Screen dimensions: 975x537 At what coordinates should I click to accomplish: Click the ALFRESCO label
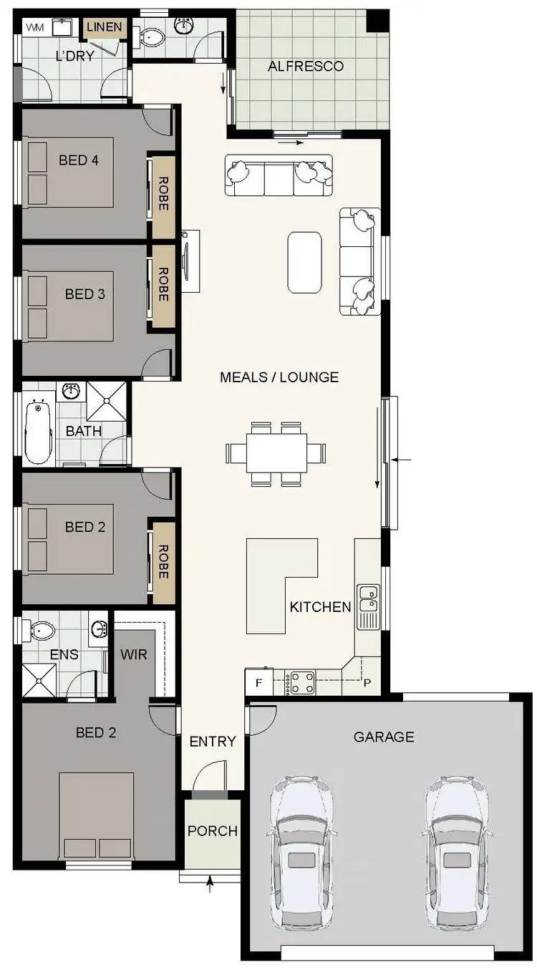tap(306, 67)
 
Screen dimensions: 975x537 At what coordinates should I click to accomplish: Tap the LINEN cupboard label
tap(105, 29)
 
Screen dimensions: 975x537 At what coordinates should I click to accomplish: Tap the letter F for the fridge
tap(259, 683)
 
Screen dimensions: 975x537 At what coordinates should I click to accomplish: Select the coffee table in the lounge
tap(304, 262)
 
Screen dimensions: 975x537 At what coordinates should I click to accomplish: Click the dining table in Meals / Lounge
tap(277, 453)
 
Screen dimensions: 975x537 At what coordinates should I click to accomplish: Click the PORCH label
tap(212, 831)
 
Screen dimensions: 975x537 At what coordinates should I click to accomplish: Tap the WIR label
tap(134, 654)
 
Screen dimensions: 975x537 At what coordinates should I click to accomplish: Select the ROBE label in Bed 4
tap(163, 193)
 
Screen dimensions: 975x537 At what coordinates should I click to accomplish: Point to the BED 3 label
tap(84, 294)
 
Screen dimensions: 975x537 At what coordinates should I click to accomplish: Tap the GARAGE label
tap(384, 737)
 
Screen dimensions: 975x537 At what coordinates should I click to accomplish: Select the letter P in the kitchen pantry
tap(368, 682)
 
